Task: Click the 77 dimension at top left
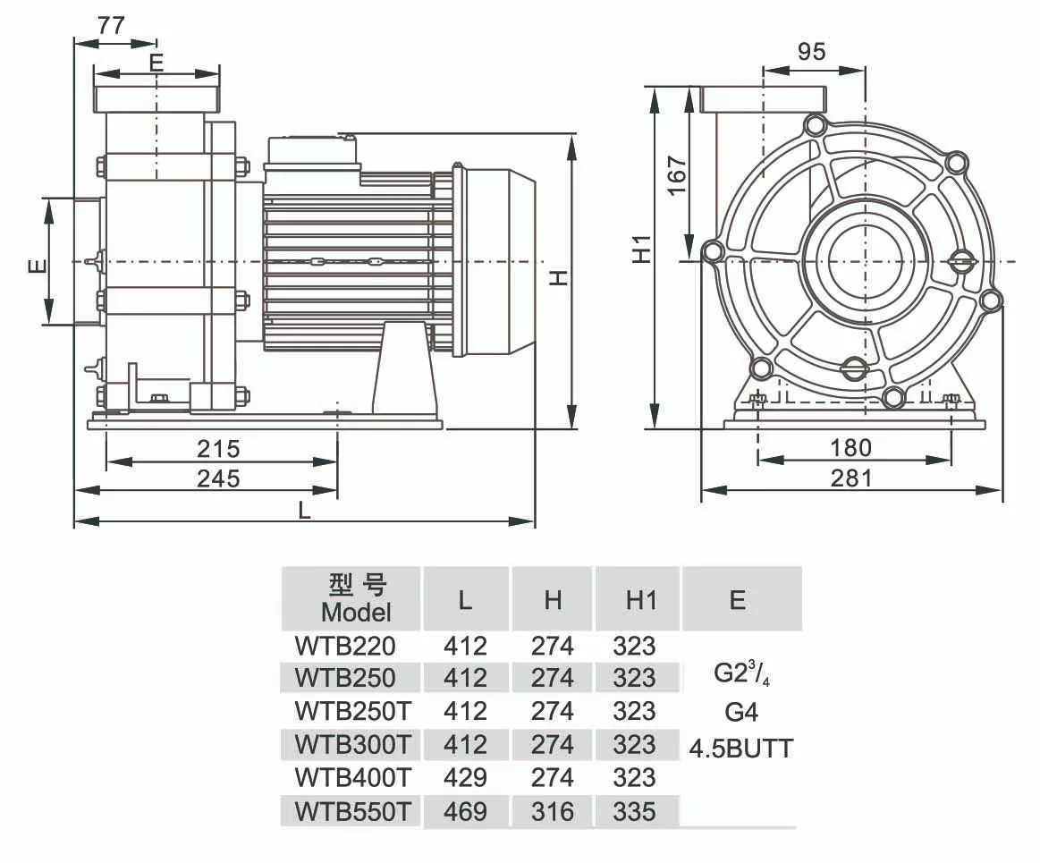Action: pos(111,26)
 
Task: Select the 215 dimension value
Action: pos(219,448)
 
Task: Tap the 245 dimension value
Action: pos(219,478)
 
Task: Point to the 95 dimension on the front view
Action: pos(811,52)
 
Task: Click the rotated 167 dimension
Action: pos(676,176)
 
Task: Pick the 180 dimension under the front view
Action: pos(850,447)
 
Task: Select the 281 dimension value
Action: pos(850,478)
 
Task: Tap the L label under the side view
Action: pos(304,511)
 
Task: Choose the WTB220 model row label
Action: pos(345,645)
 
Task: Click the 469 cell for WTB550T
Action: pos(465,812)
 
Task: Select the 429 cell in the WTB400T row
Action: pos(465,778)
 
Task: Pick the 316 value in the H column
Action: pos(553,812)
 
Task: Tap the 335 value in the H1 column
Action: pos(634,812)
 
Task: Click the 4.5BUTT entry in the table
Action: pos(741,749)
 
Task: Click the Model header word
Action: pos(356,613)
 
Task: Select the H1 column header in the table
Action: pos(640,600)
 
